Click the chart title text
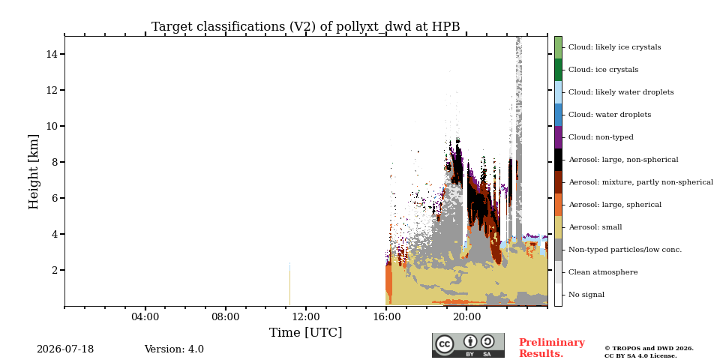(x=305, y=27)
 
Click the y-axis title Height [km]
(x=34, y=172)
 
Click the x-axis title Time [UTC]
(x=305, y=332)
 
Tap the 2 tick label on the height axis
(x=54, y=270)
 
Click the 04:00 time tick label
(x=145, y=316)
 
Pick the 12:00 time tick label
(x=306, y=316)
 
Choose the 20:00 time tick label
(x=466, y=316)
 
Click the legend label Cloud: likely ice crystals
(x=614, y=46)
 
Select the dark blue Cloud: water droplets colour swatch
(x=558, y=115)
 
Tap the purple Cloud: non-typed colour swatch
(x=558, y=137)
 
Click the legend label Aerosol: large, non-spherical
(x=623, y=160)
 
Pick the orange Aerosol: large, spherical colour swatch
(x=558, y=205)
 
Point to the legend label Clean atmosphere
(x=603, y=272)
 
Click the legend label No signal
(x=586, y=295)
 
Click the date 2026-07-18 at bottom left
(x=65, y=349)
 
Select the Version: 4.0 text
(x=174, y=349)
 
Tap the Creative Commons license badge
(x=468, y=345)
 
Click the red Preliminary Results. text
(x=552, y=348)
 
